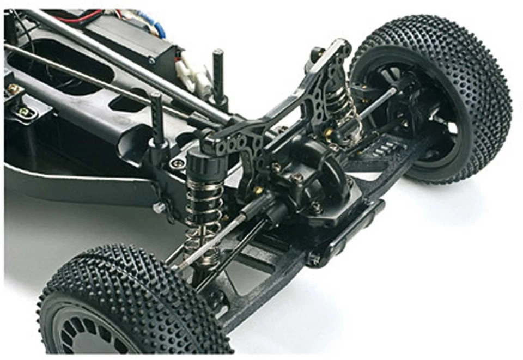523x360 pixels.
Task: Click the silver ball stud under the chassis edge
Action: click(x=159, y=207)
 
